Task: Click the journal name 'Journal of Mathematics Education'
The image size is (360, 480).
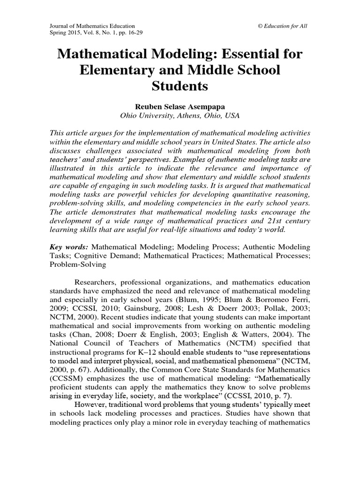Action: [x=92, y=26]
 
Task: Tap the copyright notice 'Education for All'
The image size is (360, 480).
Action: [x=285, y=26]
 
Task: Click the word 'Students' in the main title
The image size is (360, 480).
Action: [x=180, y=87]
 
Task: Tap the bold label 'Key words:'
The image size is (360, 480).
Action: [x=69, y=247]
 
